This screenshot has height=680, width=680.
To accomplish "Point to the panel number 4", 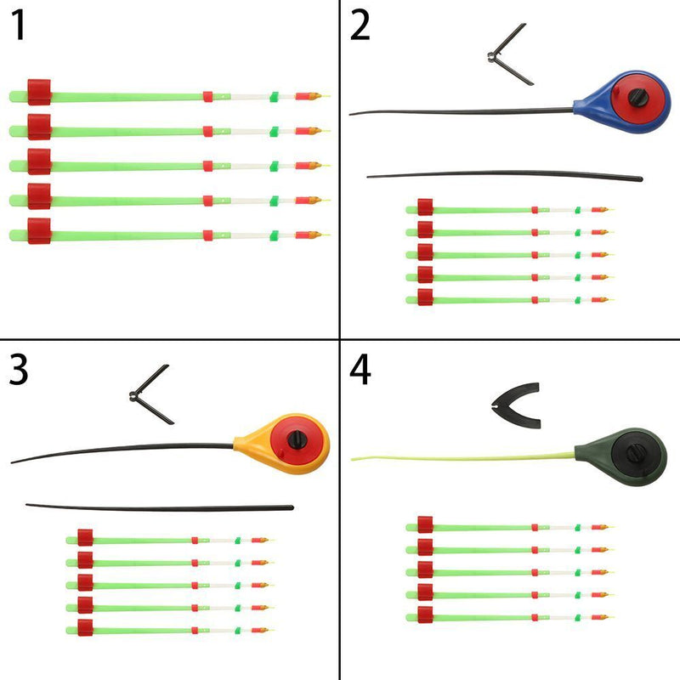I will click(360, 371).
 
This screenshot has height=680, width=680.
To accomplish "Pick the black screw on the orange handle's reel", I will click(297, 439).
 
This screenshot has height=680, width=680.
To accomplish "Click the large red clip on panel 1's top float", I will click(39, 91).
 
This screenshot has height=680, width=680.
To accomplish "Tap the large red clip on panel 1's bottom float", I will click(39, 230).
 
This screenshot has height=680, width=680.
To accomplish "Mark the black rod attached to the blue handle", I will click(459, 110).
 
